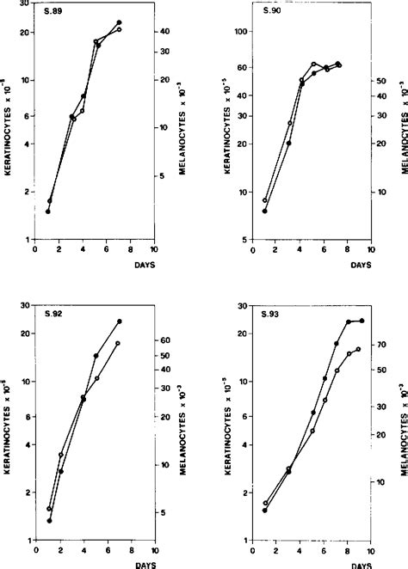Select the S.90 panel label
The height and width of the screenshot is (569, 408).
(x=268, y=12)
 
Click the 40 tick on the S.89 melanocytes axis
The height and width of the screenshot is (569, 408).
(x=164, y=31)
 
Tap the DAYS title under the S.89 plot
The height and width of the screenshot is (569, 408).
(x=144, y=266)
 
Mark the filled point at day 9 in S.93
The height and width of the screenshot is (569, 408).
(x=362, y=321)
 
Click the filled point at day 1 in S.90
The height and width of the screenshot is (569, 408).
(x=265, y=211)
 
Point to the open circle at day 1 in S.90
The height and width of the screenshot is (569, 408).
(x=265, y=199)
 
